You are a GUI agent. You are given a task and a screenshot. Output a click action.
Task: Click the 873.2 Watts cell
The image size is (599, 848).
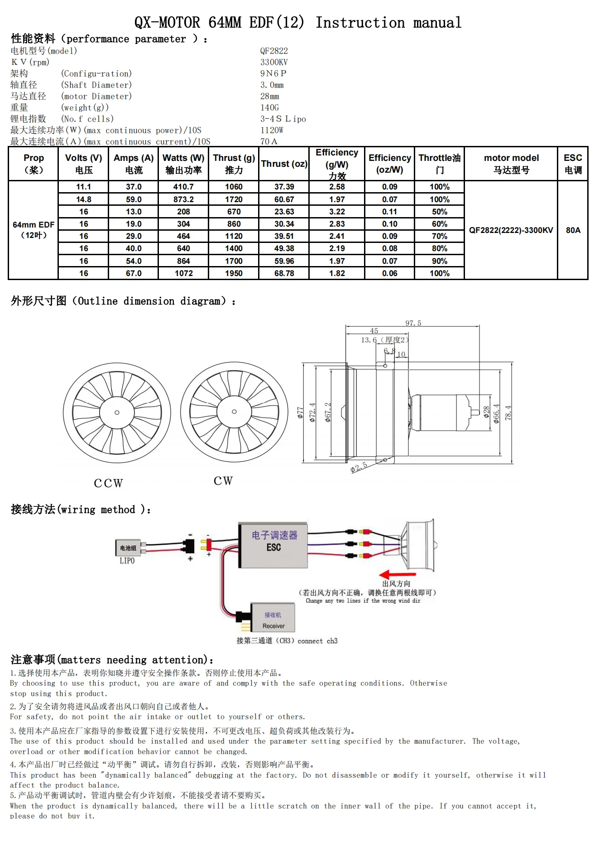click(183, 199)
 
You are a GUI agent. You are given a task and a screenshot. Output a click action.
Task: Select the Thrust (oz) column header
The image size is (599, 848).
click(284, 164)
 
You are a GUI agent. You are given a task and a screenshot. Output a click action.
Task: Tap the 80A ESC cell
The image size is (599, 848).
click(573, 230)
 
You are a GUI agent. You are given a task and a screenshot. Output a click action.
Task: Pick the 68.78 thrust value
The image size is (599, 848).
click(284, 273)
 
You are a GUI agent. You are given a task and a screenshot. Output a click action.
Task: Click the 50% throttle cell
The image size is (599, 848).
click(439, 212)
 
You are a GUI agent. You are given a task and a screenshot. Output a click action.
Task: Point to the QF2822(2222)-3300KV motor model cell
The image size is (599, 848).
click(511, 230)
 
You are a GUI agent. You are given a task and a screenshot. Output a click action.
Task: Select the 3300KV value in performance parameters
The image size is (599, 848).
click(274, 62)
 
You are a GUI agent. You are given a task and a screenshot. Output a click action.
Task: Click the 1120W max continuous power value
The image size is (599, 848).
click(272, 130)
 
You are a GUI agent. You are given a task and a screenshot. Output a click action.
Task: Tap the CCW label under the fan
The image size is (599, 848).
click(108, 483)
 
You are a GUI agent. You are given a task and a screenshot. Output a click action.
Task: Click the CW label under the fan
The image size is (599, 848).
click(223, 481)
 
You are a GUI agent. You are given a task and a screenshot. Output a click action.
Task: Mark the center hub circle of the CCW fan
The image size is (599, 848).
click(117, 412)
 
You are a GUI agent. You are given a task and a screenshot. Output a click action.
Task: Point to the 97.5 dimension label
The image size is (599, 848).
click(413, 323)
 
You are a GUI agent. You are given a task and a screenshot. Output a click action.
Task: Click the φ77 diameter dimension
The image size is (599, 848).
click(300, 412)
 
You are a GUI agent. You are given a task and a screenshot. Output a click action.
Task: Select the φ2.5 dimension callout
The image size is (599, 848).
click(359, 467)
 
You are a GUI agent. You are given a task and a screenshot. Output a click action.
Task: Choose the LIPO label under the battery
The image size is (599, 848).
click(127, 561)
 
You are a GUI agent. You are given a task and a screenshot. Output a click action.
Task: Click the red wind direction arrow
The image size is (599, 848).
click(397, 574)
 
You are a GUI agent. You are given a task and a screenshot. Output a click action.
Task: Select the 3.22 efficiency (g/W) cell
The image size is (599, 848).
click(337, 212)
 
